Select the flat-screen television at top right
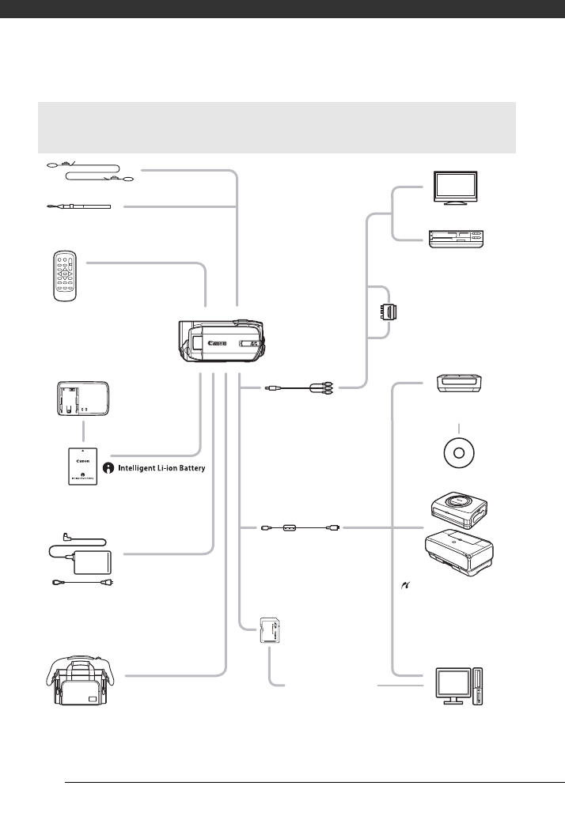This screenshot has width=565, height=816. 454,189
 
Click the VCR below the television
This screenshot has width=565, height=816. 454,240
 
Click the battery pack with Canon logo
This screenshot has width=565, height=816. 82,467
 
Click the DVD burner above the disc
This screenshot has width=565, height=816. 459,384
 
